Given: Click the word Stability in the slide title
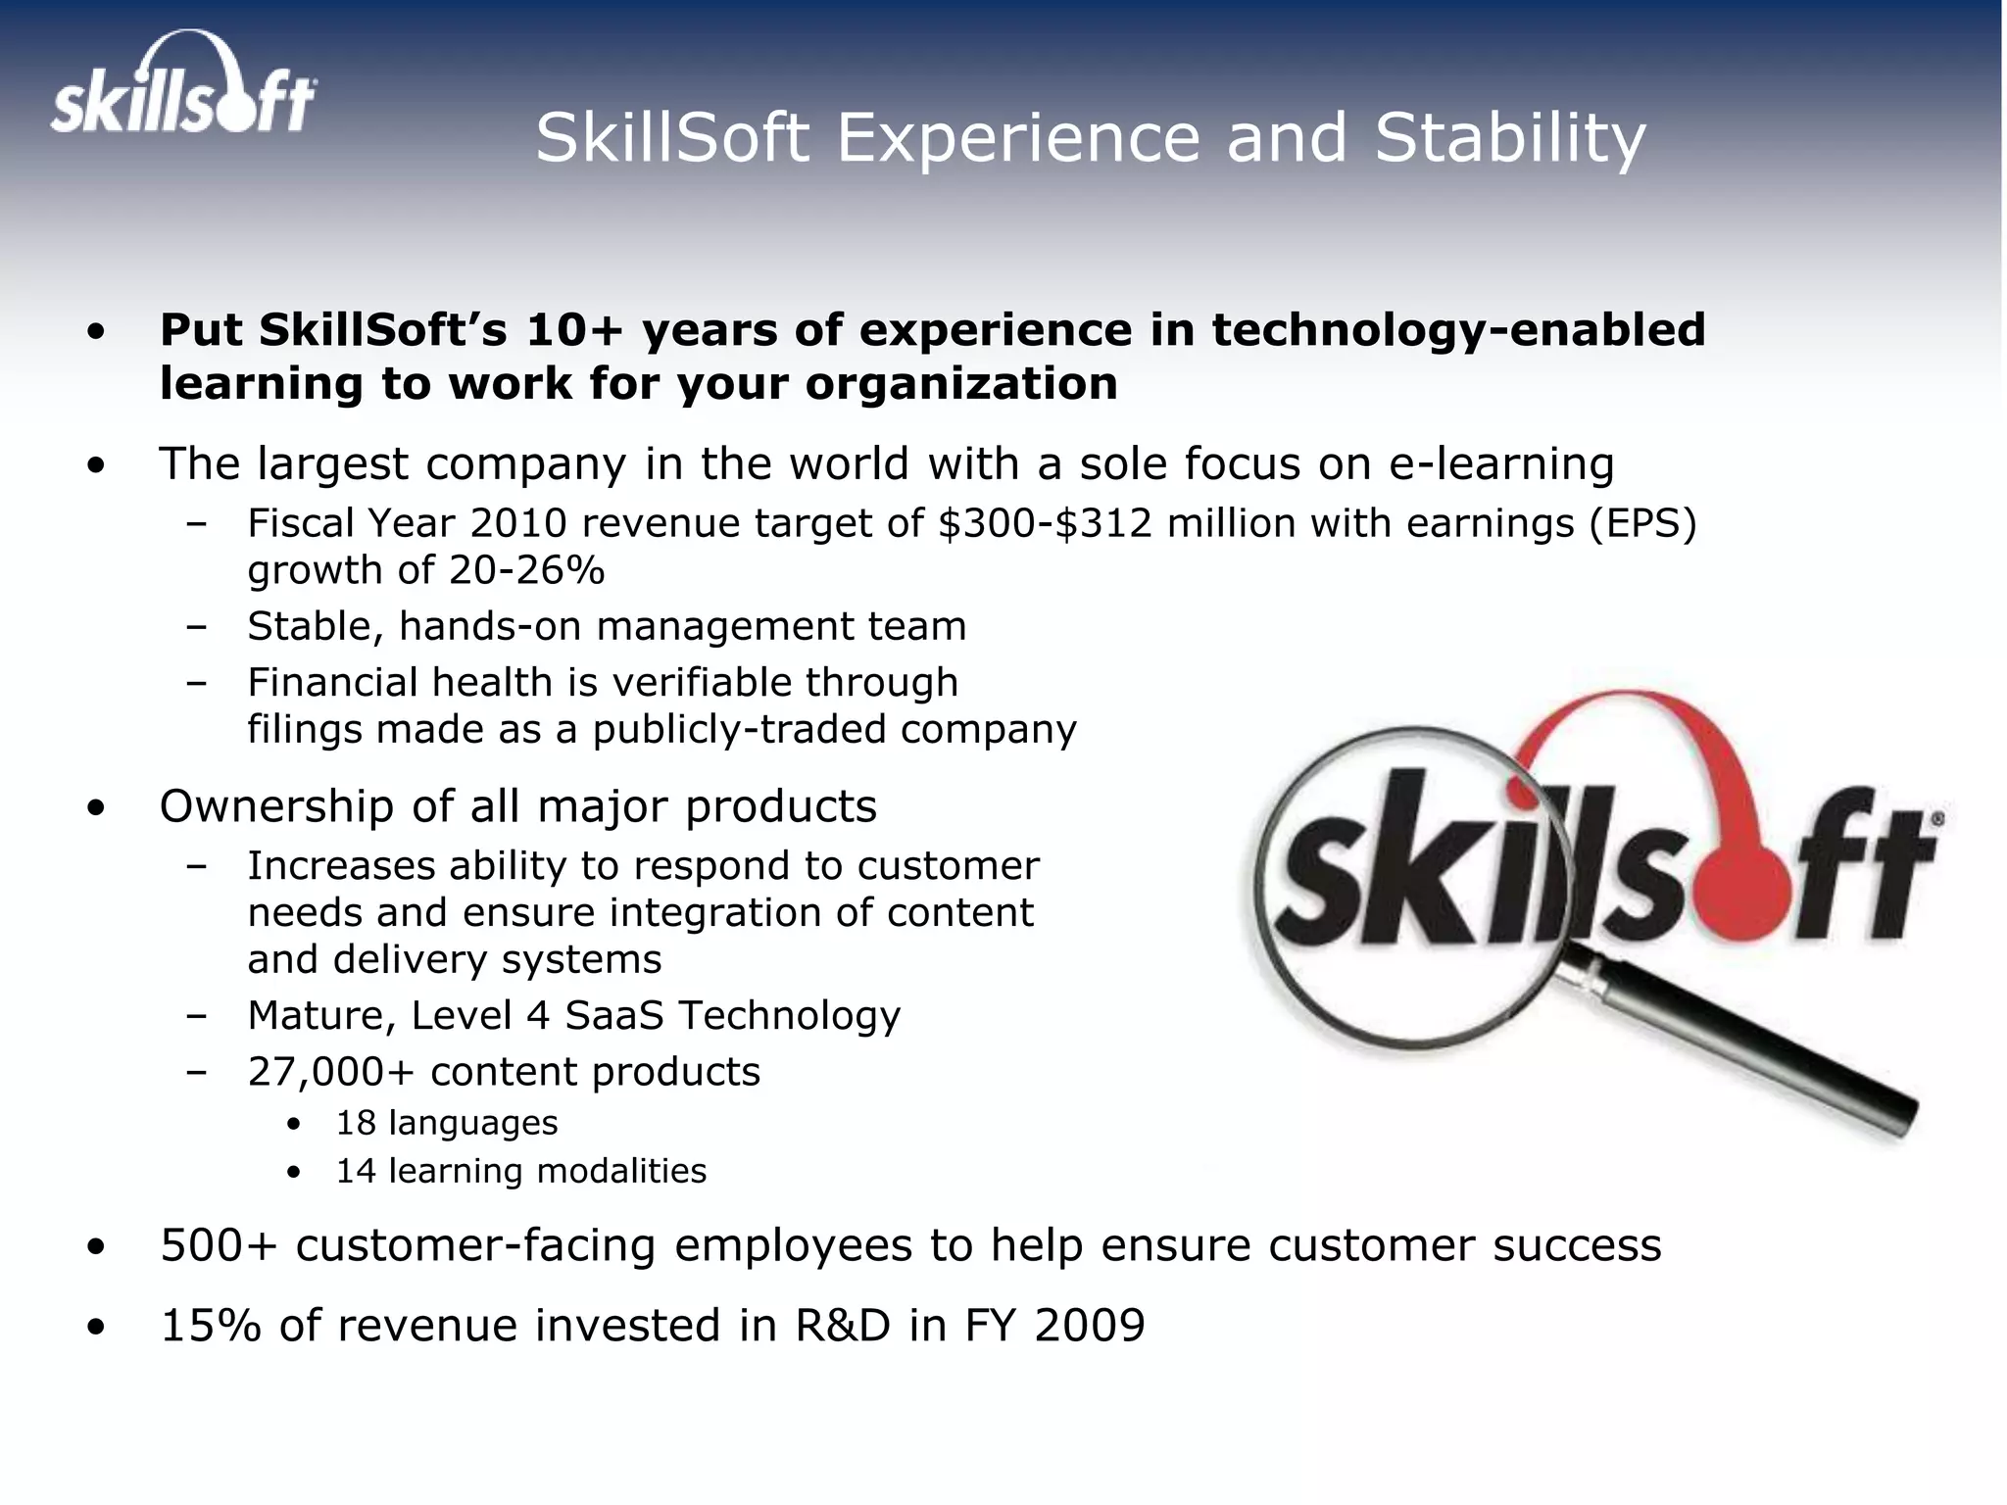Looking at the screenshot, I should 1510,138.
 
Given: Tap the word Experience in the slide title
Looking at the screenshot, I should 1017,138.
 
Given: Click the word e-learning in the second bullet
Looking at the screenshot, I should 1500,463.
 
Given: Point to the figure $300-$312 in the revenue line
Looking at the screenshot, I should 1045,523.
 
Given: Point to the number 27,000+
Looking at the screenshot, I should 331,1072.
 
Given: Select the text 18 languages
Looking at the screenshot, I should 447,1123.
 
